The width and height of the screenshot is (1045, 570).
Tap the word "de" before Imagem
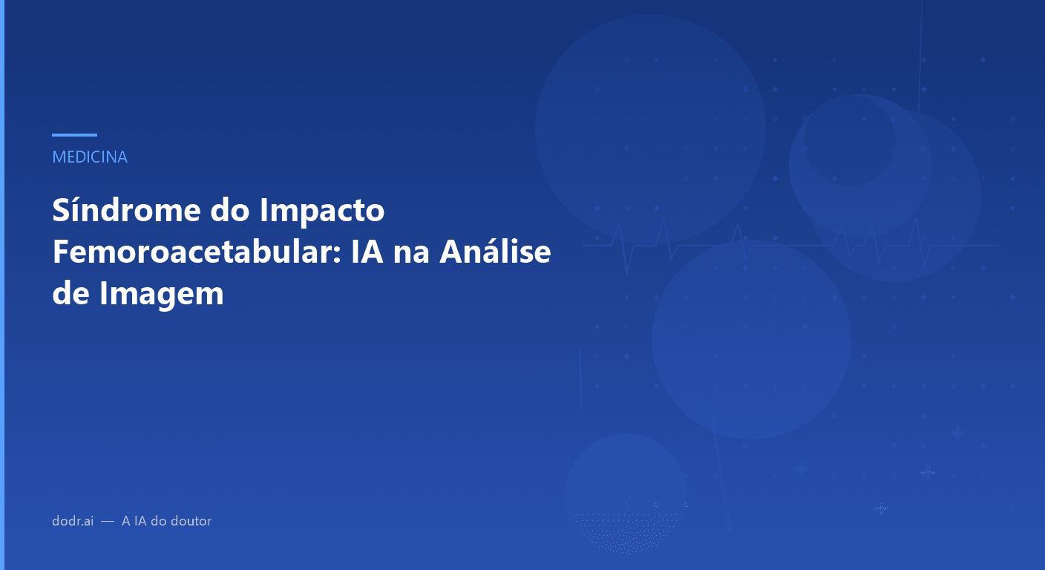71,294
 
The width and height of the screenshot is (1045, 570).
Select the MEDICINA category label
90,157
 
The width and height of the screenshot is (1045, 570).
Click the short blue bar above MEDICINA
74,135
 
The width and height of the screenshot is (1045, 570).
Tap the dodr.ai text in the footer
73,521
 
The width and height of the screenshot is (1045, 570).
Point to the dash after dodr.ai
108,522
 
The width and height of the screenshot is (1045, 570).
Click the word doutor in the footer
191,521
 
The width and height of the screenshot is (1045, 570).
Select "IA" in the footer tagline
140,521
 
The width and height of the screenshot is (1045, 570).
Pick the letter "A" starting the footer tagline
126,521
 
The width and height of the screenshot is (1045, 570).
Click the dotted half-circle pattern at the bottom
627,531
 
